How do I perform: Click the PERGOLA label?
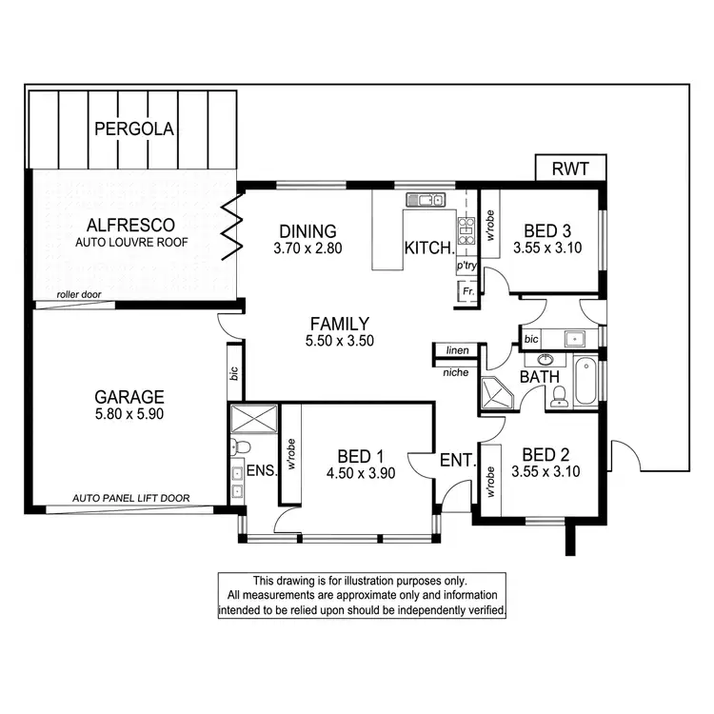point(132,129)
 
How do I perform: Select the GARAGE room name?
point(129,397)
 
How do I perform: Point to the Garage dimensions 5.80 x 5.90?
point(129,416)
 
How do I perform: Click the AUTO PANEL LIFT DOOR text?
point(131,498)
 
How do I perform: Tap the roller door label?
point(79,295)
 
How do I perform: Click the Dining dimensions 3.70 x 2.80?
point(307,248)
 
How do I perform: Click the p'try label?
point(466,266)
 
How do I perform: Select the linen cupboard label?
point(457,350)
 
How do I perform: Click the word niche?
point(455,372)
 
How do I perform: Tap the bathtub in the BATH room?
point(585,381)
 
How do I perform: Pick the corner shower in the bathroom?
point(497,392)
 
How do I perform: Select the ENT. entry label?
point(457,461)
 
